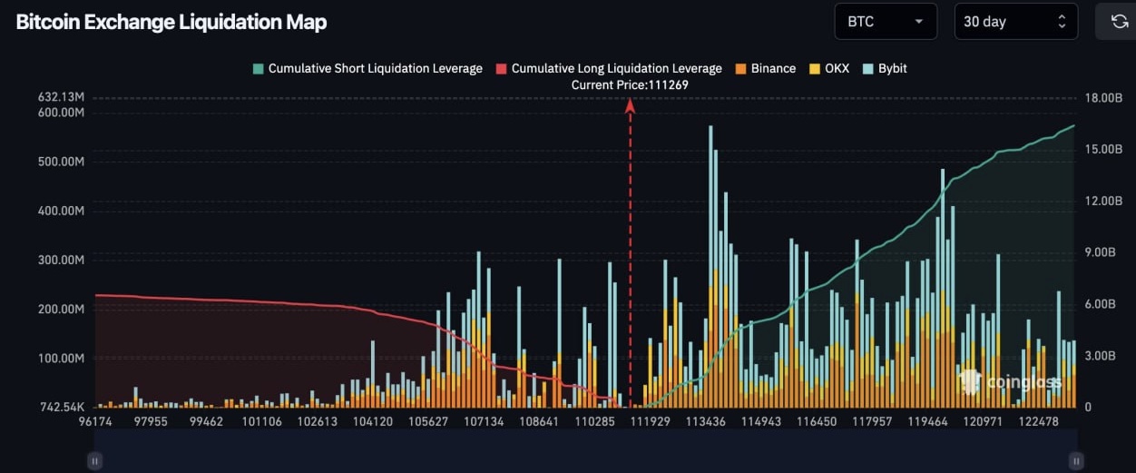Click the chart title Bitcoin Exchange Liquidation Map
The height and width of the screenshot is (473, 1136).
point(171,23)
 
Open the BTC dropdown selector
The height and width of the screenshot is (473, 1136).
point(885,22)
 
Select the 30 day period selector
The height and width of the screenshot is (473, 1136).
point(1015,22)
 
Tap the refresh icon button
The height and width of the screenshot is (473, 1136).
point(1118,22)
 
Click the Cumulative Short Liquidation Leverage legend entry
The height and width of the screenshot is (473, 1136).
point(367,69)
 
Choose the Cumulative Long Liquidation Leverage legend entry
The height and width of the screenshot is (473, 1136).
point(609,69)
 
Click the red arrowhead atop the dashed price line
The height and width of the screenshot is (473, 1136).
point(630,105)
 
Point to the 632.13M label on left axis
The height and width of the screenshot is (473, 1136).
point(61,97)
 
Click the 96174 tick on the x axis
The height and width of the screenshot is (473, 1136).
point(95,422)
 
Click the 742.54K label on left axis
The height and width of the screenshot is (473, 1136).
point(61,407)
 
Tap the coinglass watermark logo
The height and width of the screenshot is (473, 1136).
point(1010,382)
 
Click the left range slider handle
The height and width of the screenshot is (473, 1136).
point(93,460)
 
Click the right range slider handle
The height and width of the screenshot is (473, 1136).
point(1076,460)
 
